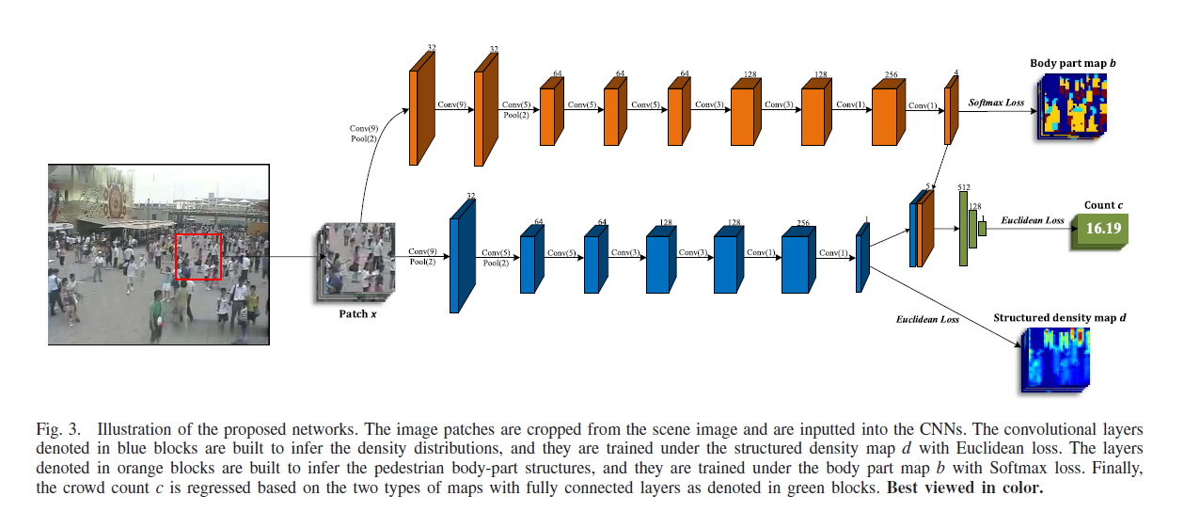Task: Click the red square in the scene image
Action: click(x=197, y=256)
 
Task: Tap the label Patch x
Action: click(x=357, y=313)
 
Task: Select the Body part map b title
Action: click(x=1073, y=63)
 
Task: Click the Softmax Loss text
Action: click(x=996, y=102)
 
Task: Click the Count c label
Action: click(x=1102, y=204)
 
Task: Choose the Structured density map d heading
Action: click(x=1059, y=318)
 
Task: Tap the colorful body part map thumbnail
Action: click(x=1073, y=105)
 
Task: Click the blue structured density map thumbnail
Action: click(x=1054, y=360)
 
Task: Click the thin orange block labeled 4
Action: click(x=950, y=110)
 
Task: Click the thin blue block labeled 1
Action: click(x=862, y=258)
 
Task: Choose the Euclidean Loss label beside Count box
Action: click(x=1032, y=220)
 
